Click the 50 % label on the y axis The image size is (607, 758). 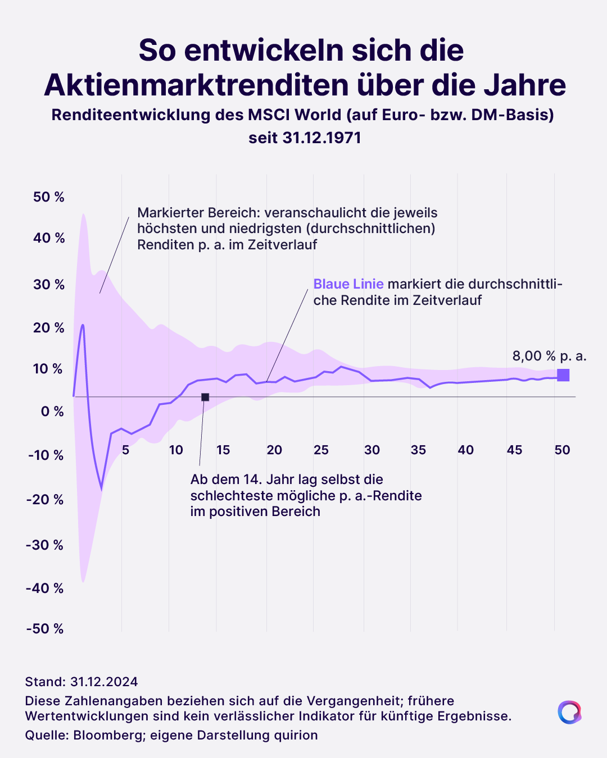tap(48, 197)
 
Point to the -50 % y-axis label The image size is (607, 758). tap(45, 628)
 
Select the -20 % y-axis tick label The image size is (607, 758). tap(45, 499)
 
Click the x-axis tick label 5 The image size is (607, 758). tap(125, 450)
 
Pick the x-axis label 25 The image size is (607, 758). tap(321, 450)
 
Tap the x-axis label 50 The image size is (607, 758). tap(562, 450)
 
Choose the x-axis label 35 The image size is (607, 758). tap(418, 450)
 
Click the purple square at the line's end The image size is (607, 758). tap(563, 375)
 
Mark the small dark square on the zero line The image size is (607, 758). tap(205, 397)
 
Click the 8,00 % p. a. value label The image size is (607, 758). tap(549, 356)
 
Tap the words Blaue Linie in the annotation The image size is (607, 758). tap(348, 284)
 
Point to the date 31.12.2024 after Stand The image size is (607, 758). tap(104, 682)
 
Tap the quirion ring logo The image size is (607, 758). tap(569, 712)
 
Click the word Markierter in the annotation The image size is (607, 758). tap(170, 213)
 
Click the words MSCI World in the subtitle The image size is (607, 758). tap(295, 115)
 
